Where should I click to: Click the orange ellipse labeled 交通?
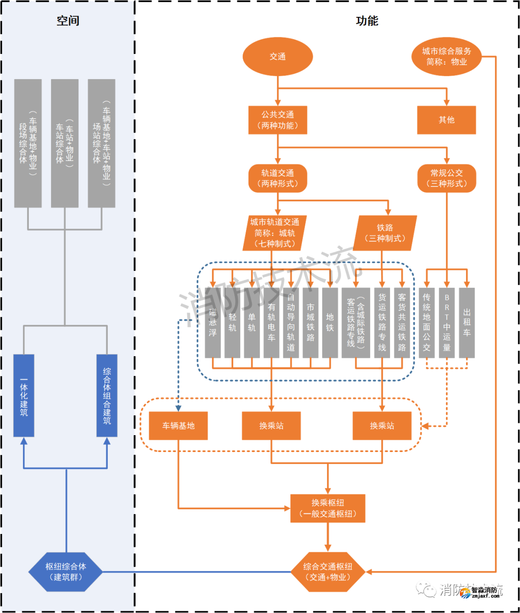pos(278,56)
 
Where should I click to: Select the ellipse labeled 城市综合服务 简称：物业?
pos(446,56)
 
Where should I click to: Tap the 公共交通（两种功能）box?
pos(278,120)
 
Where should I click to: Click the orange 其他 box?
pos(446,120)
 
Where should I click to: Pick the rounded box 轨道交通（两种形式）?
pos(278,178)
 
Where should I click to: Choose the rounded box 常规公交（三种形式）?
pos(446,178)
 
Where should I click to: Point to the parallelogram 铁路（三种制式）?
pos(385,233)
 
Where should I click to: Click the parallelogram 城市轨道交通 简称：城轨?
pos(274,233)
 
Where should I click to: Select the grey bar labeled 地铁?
pos(330,322)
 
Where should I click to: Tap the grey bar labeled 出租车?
pos(467,322)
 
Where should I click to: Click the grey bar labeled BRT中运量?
pos(447,322)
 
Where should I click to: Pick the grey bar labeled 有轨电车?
pos(272,322)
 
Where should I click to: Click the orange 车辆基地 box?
pos(178,426)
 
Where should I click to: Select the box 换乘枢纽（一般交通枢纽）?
pos(328,508)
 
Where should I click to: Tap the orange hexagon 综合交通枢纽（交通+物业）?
pos(328,572)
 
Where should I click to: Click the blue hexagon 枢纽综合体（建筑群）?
pos(66,572)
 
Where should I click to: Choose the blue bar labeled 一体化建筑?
pos(24,396)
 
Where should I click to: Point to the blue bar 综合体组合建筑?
pos(107,396)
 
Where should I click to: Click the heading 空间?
pos(68,21)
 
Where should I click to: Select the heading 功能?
pos(367,21)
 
